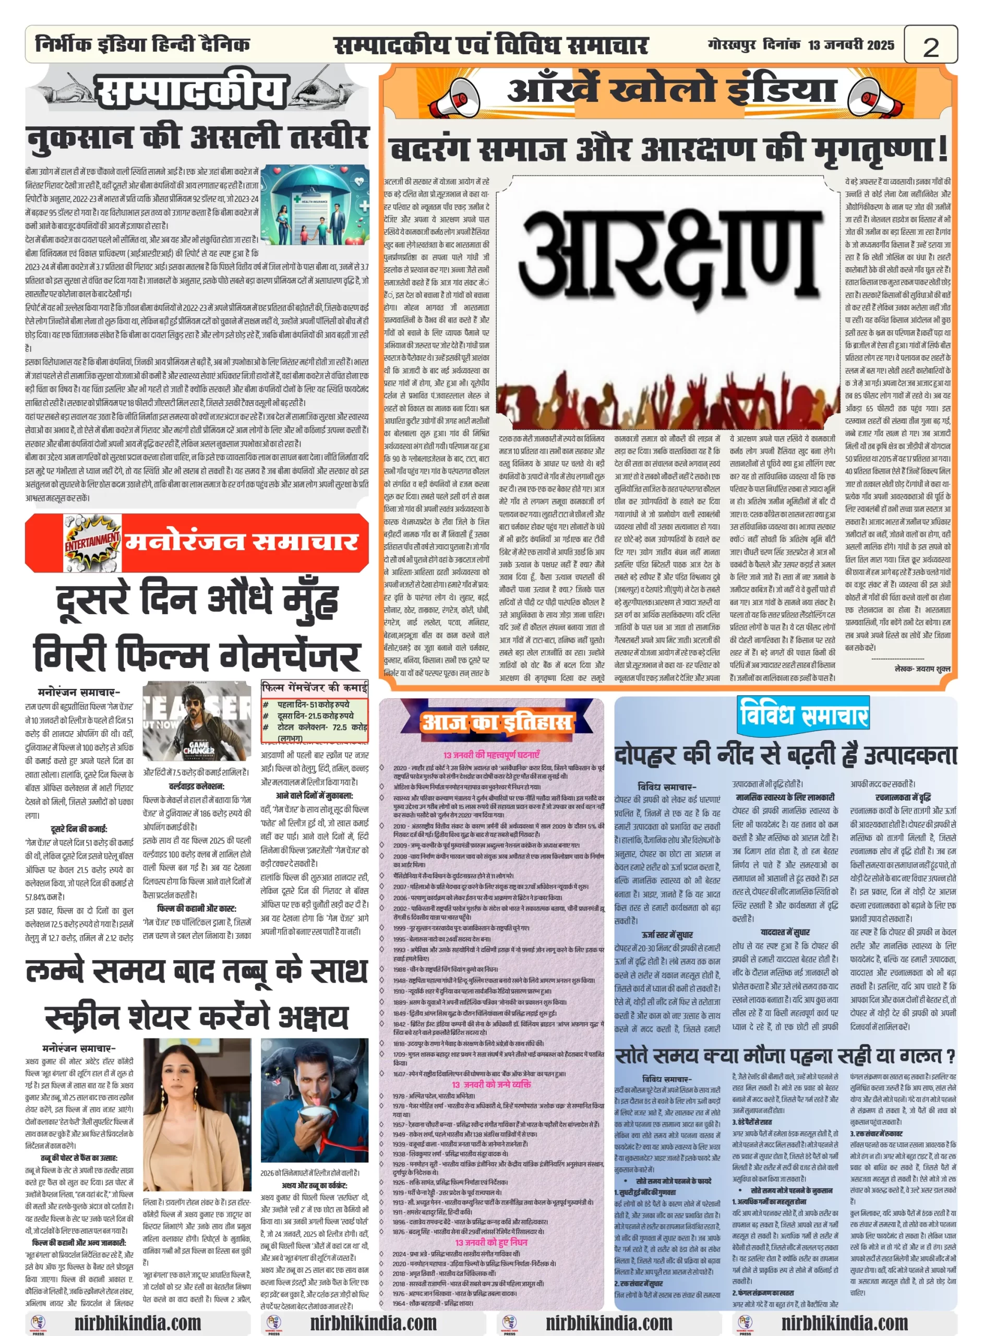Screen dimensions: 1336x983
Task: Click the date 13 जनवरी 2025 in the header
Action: [850, 45]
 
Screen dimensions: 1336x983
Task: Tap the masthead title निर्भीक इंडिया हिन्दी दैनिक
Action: [143, 44]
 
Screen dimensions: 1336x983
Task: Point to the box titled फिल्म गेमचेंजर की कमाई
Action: [314, 711]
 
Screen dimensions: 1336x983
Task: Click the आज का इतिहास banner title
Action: [496, 723]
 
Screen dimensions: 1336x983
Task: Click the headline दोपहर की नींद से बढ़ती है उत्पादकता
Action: [785, 755]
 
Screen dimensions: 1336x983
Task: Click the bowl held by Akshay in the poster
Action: [312, 1127]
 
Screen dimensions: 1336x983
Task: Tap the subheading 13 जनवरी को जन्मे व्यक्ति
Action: [492, 1084]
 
